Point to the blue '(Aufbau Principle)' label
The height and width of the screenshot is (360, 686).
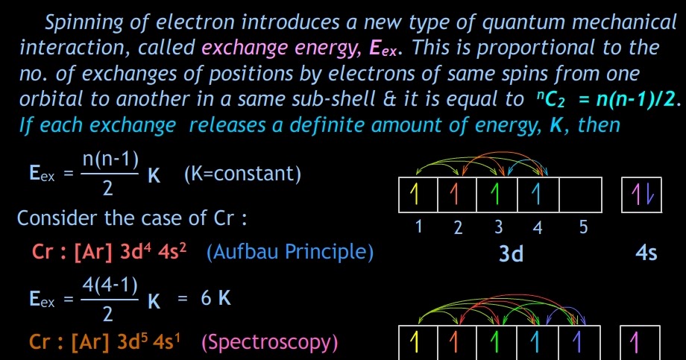tap(289, 252)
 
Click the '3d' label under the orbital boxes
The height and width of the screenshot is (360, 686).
tap(511, 253)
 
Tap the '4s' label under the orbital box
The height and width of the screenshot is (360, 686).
tap(646, 253)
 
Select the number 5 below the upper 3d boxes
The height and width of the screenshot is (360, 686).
tap(583, 227)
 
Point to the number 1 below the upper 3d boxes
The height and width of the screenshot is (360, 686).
tap(419, 227)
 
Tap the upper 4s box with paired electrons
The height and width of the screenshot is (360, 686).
tap(641, 195)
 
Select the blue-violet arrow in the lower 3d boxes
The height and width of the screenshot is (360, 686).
tap(576, 342)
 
